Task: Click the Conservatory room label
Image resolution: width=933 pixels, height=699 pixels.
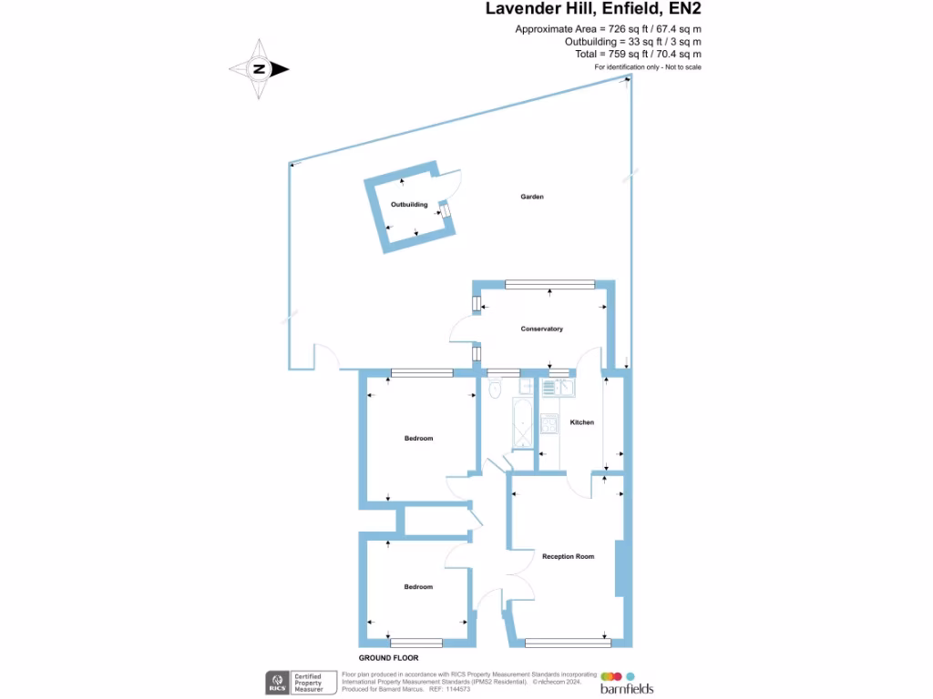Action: [x=541, y=329]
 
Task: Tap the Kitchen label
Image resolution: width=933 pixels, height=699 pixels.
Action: [x=581, y=422]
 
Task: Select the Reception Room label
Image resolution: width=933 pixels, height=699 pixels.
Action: [x=568, y=556]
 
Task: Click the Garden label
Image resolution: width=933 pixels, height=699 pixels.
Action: [x=532, y=197]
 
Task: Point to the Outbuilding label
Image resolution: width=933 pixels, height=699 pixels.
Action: [x=409, y=205]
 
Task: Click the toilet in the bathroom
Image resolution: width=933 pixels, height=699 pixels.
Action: [x=495, y=390]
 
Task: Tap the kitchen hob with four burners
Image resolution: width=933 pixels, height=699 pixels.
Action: [x=549, y=425]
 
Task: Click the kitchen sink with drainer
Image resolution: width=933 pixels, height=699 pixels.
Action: [x=555, y=388]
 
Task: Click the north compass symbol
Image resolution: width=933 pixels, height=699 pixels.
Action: [x=259, y=68]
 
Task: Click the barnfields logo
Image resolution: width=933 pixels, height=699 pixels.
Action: [x=626, y=684]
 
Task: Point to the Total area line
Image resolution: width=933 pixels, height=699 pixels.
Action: [x=638, y=55]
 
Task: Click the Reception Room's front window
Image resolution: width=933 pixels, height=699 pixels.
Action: [x=568, y=643]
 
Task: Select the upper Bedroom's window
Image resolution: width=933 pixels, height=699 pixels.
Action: [x=422, y=372]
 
